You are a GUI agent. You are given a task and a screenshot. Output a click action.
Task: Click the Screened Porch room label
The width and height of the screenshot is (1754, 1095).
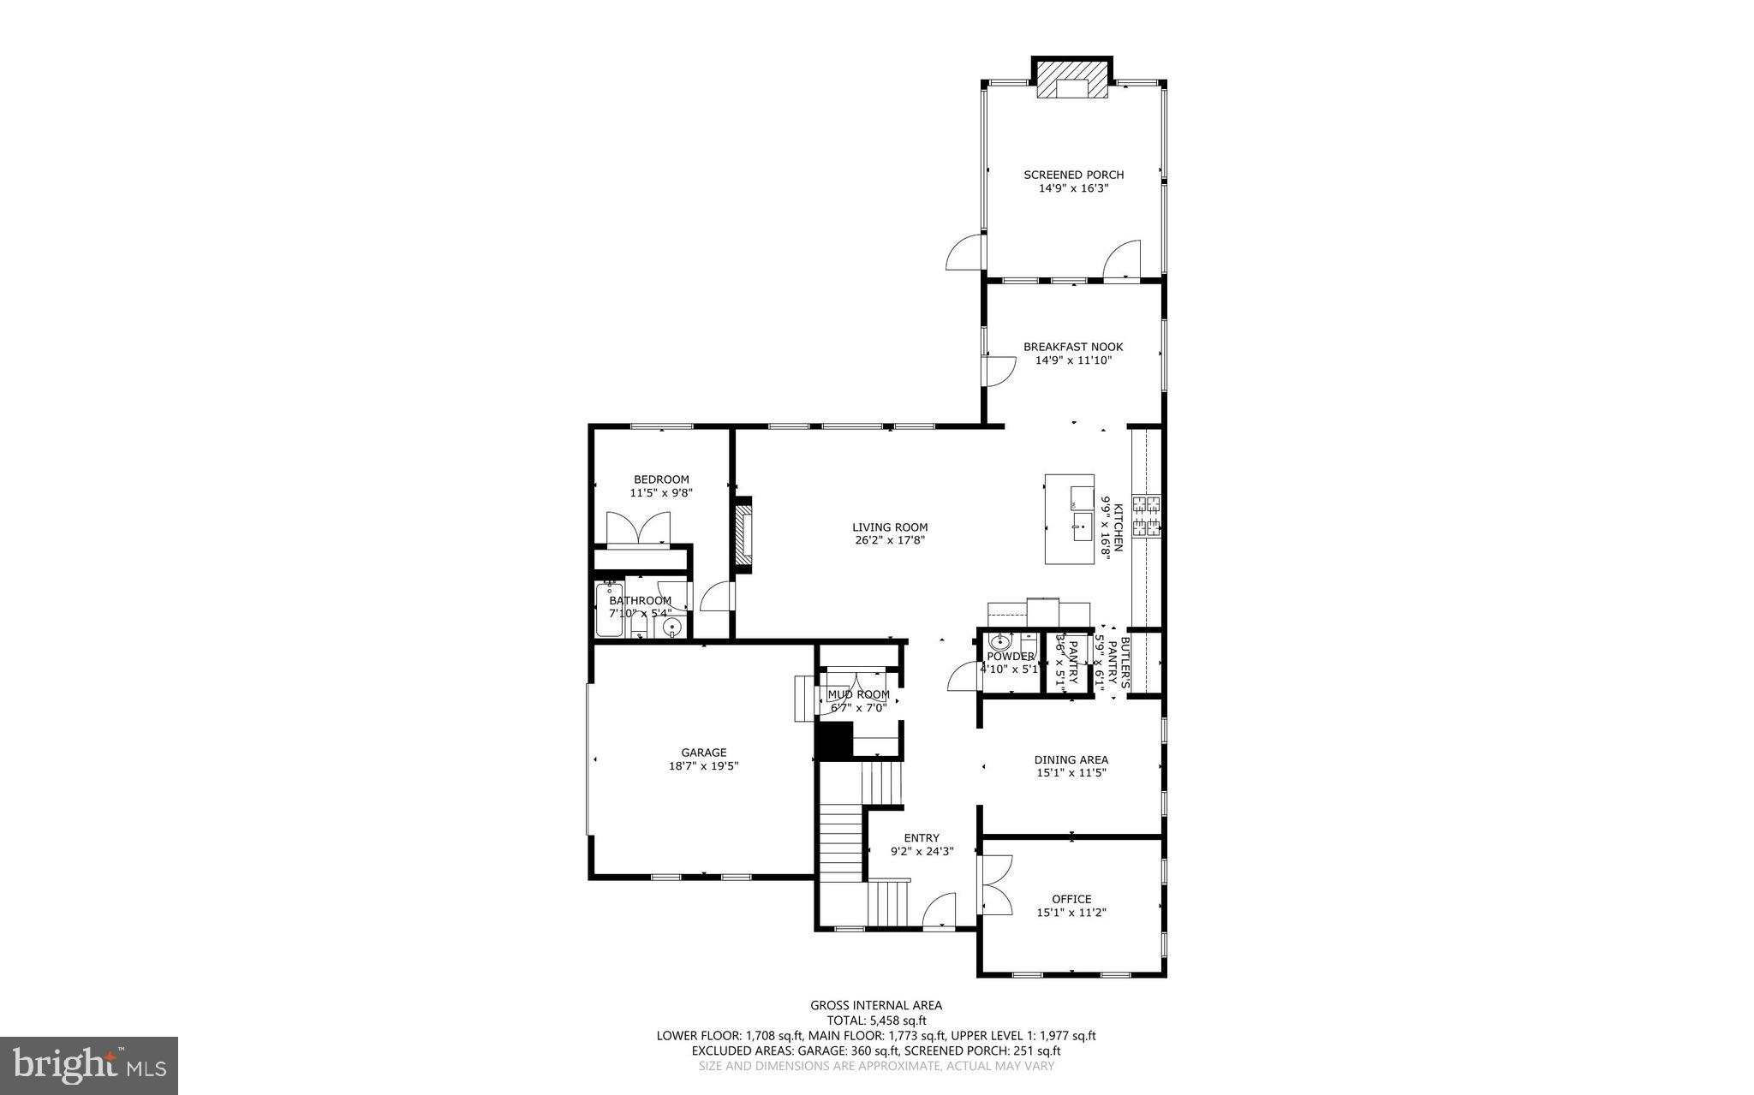pyautogui.click(x=1073, y=175)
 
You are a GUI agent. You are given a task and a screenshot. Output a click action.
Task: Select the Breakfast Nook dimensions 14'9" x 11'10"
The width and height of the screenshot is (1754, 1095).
pyautogui.click(x=1073, y=360)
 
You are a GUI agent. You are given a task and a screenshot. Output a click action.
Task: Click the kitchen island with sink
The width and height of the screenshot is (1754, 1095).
pyautogui.click(x=1069, y=519)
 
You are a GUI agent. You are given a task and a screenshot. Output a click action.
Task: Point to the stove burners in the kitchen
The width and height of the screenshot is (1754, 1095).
pyautogui.click(x=1146, y=516)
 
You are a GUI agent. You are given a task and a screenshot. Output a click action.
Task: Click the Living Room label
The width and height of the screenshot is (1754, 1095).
pyautogui.click(x=890, y=527)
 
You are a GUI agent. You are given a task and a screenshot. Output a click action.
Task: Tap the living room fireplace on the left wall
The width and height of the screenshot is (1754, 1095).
pyautogui.click(x=743, y=535)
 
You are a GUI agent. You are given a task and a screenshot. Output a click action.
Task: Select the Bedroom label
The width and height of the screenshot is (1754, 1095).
pyautogui.click(x=661, y=479)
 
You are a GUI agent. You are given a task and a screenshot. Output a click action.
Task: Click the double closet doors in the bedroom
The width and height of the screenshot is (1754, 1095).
pyautogui.click(x=638, y=528)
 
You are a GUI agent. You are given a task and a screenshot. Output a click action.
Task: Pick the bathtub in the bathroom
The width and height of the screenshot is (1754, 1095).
pyautogui.click(x=609, y=610)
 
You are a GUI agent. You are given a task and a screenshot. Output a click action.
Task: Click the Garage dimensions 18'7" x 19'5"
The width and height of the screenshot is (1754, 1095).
pyautogui.click(x=703, y=766)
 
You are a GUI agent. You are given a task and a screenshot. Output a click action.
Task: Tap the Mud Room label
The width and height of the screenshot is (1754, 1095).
pyautogui.click(x=858, y=694)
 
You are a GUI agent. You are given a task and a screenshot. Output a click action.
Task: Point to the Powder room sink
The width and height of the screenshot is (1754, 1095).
pyautogui.click(x=999, y=641)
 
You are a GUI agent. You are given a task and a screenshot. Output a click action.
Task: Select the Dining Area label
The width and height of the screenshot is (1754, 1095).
pyautogui.click(x=1071, y=759)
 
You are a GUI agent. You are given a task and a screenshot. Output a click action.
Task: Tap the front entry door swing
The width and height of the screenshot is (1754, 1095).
pyautogui.click(x=941, y=910)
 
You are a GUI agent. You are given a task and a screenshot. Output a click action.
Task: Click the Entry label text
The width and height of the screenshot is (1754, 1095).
pyautogui.click(x=922, y=838)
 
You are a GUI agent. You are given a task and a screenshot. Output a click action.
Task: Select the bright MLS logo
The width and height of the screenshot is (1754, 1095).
pyautogui.click(x=89, y=1065)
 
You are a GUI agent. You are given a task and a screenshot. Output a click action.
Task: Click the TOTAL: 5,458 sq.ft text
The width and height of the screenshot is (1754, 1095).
pyautogui.click(x=876, y=1021)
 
